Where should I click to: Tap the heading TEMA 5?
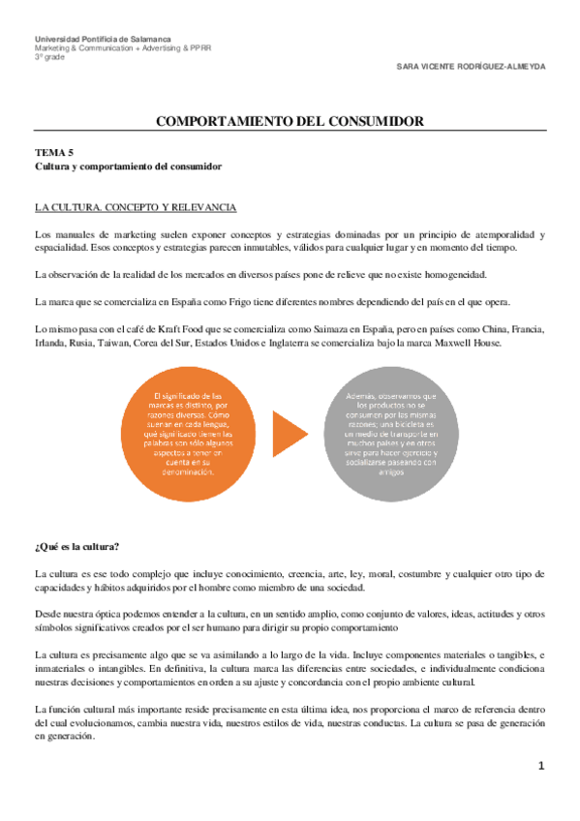(53, 153)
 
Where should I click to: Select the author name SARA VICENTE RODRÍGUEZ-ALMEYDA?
(472, 68)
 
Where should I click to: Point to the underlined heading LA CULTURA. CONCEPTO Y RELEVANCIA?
(135, 207)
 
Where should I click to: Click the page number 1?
(542, 766)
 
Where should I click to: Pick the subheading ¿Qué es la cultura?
(76, 548)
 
